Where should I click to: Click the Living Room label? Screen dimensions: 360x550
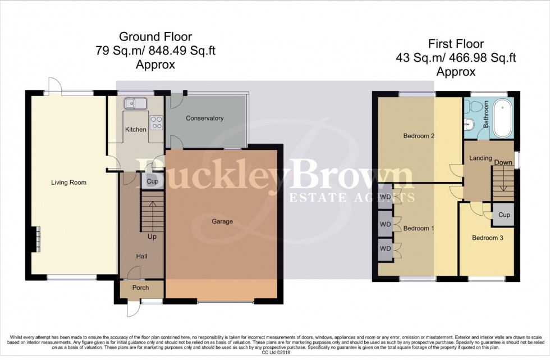[x=68, y=183]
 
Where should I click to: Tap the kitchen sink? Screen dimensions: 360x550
[x=136, y=103]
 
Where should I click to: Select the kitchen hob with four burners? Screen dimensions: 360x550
[x=156, y=120]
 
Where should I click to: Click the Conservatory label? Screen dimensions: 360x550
[x=204, y=119]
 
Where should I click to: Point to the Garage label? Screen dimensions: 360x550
[x=222, y=221]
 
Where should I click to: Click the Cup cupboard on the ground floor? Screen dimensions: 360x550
[x=152, y=181]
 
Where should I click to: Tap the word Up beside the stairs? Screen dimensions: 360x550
[x=152, y=236]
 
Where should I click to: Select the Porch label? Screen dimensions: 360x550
[x=140, y=288]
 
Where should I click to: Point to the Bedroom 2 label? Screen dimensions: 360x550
[x=419, y=136]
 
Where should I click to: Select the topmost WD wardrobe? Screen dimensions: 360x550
[x=385, y=197]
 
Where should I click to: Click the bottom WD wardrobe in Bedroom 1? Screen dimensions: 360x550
[x=385, y=248]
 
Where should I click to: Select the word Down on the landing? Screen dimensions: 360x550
[x=503, y=163]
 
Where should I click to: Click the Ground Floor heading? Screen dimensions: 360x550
[x=155, y=38]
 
